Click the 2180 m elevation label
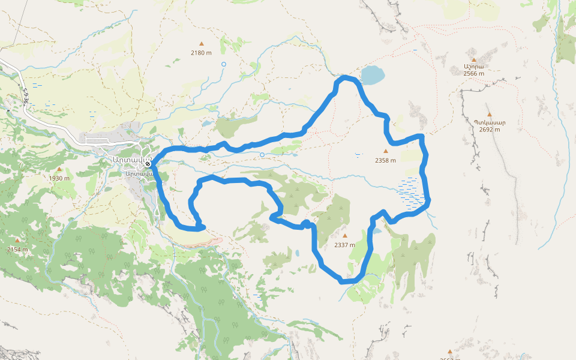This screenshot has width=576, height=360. tap(201, 53)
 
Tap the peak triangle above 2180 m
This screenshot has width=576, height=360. tap(201, 44)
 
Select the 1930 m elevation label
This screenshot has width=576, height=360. tap(59, 178)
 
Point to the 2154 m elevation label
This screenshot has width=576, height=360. tap(17, 249)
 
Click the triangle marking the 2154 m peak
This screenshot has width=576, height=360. tap(17, 241)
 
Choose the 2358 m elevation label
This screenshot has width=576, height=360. tap(385, 160)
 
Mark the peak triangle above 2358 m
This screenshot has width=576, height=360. tap(385, 151)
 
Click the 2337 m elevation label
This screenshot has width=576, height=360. tap(344, 245)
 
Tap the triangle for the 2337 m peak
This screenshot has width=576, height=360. tap(344, 236)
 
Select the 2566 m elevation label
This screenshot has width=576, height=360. tap(473, 73)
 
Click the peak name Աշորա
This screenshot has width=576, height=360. tap(473, 66)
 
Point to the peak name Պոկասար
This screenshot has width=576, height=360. tap(490, 122)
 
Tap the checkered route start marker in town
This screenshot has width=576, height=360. tap(148, 164)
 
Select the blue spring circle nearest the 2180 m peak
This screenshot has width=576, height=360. tap(224, 64)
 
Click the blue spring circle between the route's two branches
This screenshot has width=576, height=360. tap(262, 155)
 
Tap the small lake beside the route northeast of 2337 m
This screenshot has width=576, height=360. tap(377, 230)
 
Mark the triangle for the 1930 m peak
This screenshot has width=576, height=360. tap(59, 169)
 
